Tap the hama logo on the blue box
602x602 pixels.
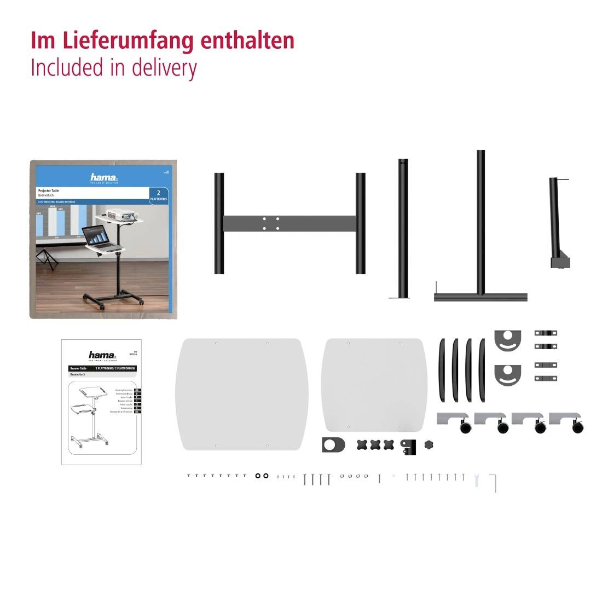click(x=103, y=177)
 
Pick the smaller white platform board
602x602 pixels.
click(x=374, y=384)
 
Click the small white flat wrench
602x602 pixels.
click(x=477, y=480)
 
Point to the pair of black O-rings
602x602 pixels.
click(x=262, y=476)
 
